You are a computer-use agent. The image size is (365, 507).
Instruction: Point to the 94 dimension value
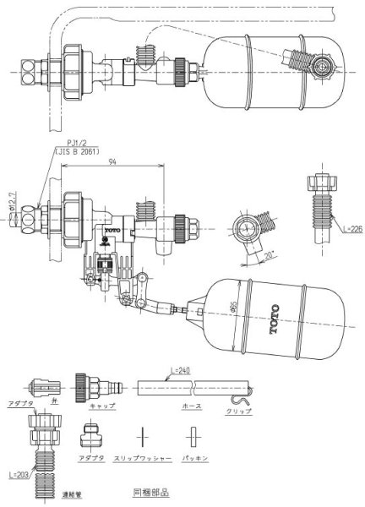point(123,167)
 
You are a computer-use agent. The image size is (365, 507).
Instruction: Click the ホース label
point(192,406)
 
